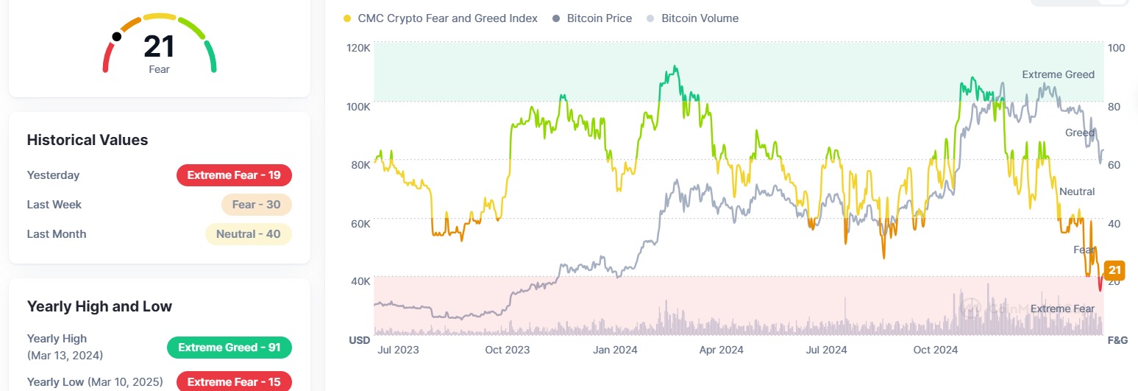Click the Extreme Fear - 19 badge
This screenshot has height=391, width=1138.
pyautogui.click(x=234, y=175)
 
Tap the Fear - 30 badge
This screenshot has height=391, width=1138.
pyautogui.click(x=257, y=205)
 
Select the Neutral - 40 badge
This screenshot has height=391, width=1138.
pyautogui.click(x=249, y=234)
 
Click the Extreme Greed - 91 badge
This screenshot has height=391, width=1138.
pyautogui.click(x=230, y=348)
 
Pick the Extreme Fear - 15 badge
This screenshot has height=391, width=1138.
pyautogui.click(x=234, y=382)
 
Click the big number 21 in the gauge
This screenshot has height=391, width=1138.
pyautogui.click(x=159, y=46)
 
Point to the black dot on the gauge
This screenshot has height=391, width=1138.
pyautogui.click(x=117, y=37)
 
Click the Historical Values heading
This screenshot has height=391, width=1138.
pyautogui.click(x=88, y=140)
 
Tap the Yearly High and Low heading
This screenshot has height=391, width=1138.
pyautogui.click(x=99, y=306)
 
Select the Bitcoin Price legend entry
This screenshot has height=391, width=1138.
pyautogui.click(x=592, y=18)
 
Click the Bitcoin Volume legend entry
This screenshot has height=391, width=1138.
pyautogui.click(x=693, y=18)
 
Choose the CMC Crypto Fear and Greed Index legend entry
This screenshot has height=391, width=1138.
pyautogui.click(x=441, y=18)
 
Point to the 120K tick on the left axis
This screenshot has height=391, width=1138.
pyautogui.click(x=359, y=48)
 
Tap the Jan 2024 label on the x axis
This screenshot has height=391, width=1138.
pyautogui.click(x=615, y=350)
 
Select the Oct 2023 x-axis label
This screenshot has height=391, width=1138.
pyautogui.click(x=507, y=350)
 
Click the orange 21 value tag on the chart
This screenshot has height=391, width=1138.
pyautogui.click(x=1114, y=270)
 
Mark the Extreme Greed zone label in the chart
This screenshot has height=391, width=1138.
pyautogui.click(x=1059, y=74)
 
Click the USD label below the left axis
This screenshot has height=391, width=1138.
pyautogui.click(x=359, y=340)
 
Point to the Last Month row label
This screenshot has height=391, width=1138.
pyautogui.click(x=57, y=234)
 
